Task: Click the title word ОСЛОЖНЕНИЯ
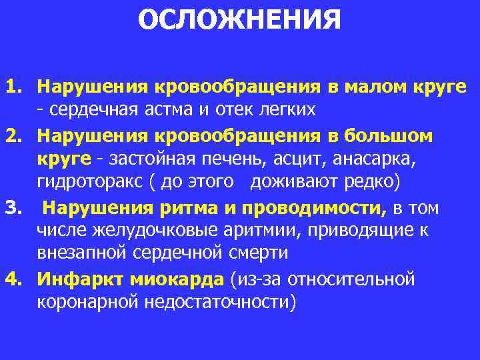[x=239, y=19]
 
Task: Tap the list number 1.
[x=14, y=86]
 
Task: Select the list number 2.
[x=14, y=136]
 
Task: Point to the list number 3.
[x=14, y=209]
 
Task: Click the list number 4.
[x=14, y=277]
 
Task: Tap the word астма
[x=209, y=109]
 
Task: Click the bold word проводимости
[x=313, y=209]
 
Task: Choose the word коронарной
[x=86, y=301]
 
